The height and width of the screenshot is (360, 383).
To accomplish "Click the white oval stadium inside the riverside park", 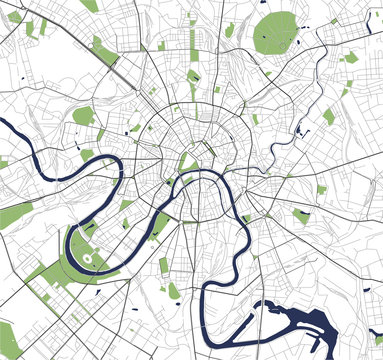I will tap(88, 259).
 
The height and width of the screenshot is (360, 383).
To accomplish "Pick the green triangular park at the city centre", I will tap(186, 159).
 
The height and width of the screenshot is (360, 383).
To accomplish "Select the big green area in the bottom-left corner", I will tap(8, 340).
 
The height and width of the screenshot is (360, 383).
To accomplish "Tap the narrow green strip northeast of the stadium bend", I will tap(157, 227).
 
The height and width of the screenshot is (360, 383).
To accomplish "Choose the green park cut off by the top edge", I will tap(89, 5).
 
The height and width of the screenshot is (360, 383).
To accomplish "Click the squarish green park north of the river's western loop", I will tap(83, 116).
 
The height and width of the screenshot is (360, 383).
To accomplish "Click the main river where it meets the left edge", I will tap(4, 125).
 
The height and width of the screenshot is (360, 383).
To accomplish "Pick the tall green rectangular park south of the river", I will tap(163, 266).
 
